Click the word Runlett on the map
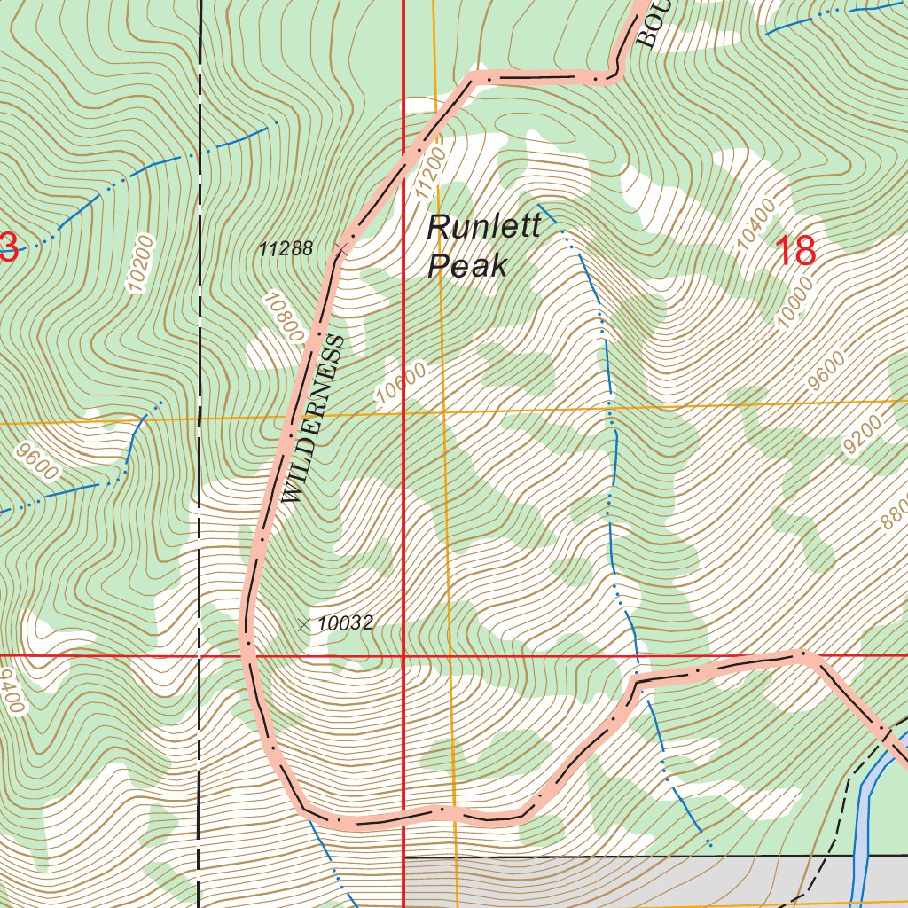point(483,227)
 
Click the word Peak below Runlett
point(466,265)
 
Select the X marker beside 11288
point(341,249)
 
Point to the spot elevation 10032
point(345,623)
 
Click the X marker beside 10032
point(305,624)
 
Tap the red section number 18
point(795,252)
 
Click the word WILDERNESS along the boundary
point(312,419)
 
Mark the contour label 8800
point(893,513)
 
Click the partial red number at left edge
point(8,247)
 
